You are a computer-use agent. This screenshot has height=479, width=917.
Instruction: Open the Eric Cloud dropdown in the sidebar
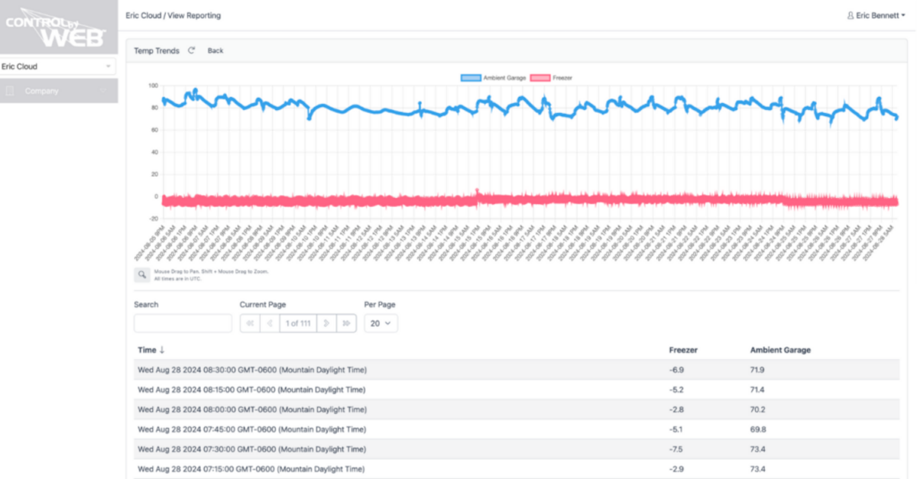(58, 66)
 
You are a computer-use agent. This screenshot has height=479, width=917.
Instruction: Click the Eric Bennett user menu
(880, 15)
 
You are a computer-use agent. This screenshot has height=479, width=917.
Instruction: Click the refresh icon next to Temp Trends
(191, 50)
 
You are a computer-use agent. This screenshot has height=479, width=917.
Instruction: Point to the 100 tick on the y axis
(152, 86)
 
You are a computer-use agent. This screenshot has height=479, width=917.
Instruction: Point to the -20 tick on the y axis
(152, 218)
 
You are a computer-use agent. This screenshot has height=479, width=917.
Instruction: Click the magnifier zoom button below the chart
(142, 274)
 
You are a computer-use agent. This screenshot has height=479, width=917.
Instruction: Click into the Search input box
(183, 323)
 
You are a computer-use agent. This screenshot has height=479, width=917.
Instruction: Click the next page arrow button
(327, 323)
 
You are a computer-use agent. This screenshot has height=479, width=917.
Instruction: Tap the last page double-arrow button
(346, 323)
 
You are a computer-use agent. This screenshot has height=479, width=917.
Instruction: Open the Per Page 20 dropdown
(381, 323)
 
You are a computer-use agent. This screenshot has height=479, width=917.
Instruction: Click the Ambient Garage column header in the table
(780, 350)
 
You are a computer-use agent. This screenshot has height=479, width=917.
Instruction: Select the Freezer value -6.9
(677, 370)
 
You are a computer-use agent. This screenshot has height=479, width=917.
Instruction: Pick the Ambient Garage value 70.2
(758, 409)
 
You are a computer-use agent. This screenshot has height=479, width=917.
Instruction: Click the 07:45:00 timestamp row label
(251, 429)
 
